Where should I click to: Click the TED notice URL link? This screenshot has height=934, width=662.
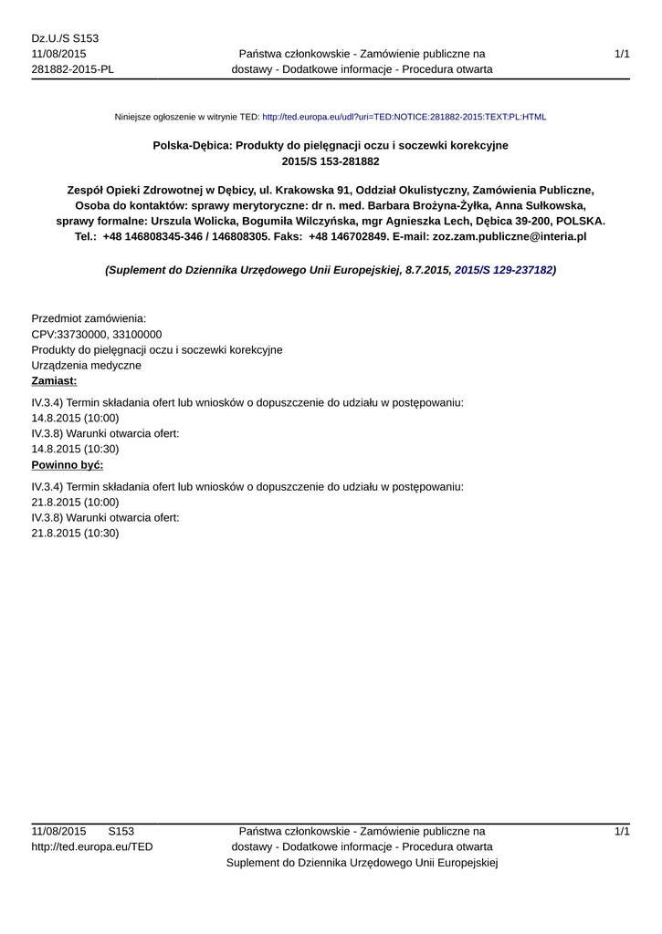pyautogui.click(x=404, y=118)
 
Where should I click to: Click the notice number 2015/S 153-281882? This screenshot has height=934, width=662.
pyautogui.click(x=331, y=161)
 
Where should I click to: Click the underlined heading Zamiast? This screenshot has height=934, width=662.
pyautogui.click(x=54, y=380)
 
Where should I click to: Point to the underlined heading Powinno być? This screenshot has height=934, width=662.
pyautogui.click(x=68, y=464)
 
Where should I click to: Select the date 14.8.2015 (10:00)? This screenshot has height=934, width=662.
pyautogui.click(x=75, y=418)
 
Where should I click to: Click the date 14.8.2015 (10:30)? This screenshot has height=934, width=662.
pyautogui.click(x=75, y=449)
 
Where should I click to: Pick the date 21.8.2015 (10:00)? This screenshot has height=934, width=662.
pyautogui.click(x=75, y=502)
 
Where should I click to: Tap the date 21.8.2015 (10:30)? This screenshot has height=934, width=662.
pyautogui.click(x=75, y=533)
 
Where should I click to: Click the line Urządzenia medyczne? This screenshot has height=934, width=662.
pyautogui.click(x=86, y=365)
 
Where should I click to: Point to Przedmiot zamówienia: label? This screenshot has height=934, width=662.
pyautogui.click(x=89, y=318)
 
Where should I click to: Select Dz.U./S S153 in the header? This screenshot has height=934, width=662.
pyautogui.click(x=65, y=38)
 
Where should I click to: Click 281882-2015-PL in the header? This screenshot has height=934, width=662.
pyautogui.click(x=73, y=69)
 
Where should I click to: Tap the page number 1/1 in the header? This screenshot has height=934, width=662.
pyautogui.click(x=623, y=55)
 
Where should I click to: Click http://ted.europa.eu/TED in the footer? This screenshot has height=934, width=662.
pyautogui.click(x=92, y=846)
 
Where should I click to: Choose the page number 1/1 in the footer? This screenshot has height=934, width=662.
pyautogui.click(x=623, y=831)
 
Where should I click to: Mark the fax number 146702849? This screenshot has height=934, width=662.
pyautogui.click(x=359, y=235)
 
